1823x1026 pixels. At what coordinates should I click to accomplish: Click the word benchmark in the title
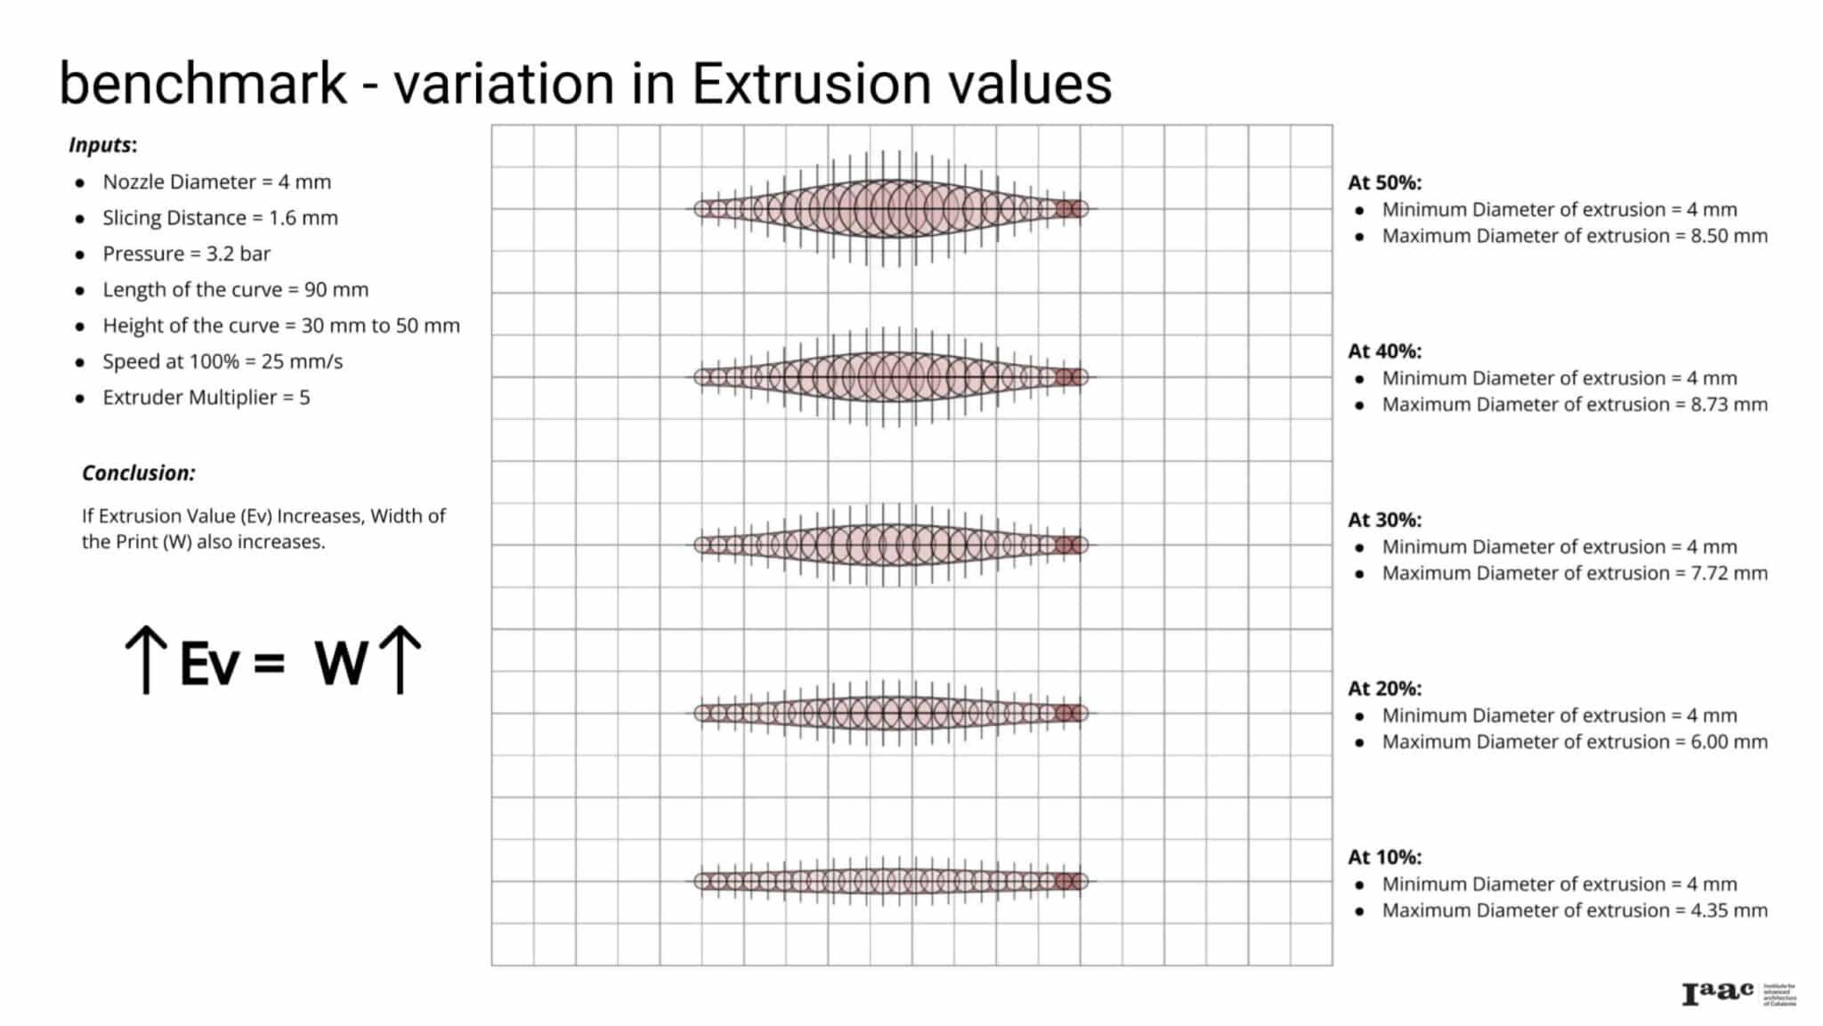point(203,84)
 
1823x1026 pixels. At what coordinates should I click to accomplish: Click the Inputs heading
point(102,145)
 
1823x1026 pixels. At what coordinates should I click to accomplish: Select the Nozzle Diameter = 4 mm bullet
point(216,182)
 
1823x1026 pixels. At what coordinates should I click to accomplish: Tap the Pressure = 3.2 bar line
point(186,254)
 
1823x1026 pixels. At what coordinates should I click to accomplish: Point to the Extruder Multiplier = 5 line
point(206,398)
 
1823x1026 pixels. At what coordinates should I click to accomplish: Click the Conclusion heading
point(138,473)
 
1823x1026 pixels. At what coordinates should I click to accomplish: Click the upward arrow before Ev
point(146,659)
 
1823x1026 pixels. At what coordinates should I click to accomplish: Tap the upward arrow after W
point(401,659)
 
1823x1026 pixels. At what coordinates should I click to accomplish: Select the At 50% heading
point(1384,182)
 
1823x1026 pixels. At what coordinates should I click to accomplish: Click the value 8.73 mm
point(1729,405)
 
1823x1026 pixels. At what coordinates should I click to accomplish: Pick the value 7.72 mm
point(1729,574)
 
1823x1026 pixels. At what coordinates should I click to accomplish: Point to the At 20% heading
point(1384,689)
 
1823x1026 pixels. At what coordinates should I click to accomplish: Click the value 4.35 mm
point(1729,911)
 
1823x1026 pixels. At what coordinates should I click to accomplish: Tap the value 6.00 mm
point(1729,742)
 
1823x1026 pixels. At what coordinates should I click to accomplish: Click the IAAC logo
point(1718,993)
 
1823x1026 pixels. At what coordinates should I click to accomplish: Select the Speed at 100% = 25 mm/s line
point(222,362)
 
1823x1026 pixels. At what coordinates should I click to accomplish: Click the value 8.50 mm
point(1729,236)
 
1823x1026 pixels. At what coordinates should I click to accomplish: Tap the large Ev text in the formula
point(210,664)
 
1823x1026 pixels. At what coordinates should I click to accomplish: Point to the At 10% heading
point(1384,858)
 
